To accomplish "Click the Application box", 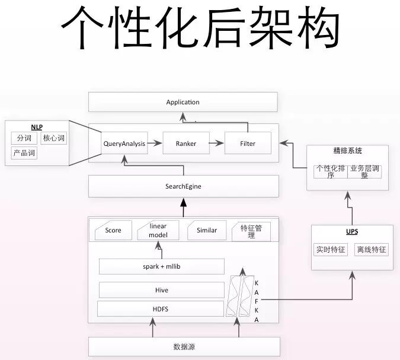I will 183,102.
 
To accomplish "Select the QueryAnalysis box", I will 124,144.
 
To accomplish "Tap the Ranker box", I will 186,144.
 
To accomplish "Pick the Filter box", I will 248,144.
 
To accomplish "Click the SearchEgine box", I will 183,186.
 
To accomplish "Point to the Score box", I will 113,230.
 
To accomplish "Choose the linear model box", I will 158,231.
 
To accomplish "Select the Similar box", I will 207,230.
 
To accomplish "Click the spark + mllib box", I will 162,266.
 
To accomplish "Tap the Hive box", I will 161,290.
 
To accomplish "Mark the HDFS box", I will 161,308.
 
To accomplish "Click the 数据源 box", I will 184,346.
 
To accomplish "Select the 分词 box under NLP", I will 24,138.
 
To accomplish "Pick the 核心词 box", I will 53,138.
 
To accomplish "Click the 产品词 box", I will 24,153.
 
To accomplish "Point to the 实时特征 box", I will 330,250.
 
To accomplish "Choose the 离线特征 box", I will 371,250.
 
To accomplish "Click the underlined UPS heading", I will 351,231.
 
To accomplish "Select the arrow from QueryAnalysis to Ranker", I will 154,144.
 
